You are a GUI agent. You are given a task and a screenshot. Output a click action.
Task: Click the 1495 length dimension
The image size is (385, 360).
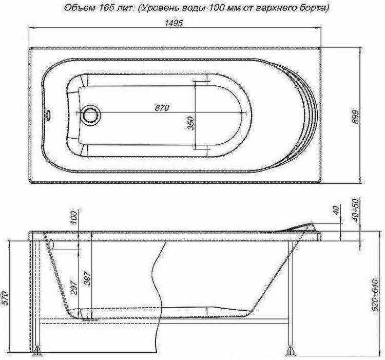point(176,23)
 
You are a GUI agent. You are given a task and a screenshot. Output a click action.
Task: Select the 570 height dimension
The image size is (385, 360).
point(6,302)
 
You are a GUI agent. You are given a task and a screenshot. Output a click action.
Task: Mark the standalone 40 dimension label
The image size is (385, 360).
point(336,211)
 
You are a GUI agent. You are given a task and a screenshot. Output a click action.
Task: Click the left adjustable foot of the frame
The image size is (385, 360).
point(38,353)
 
